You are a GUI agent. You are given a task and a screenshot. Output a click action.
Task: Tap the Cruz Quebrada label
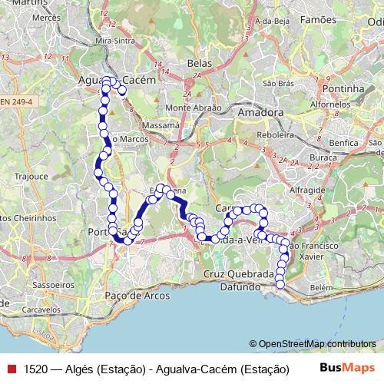pyautogui.click(x=239, y=273)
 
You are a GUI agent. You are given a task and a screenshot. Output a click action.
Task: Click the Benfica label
pyautogui.click(x=343, y=143)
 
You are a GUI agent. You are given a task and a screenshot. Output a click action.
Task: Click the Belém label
pyautogui.click(x=322, y=286)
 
